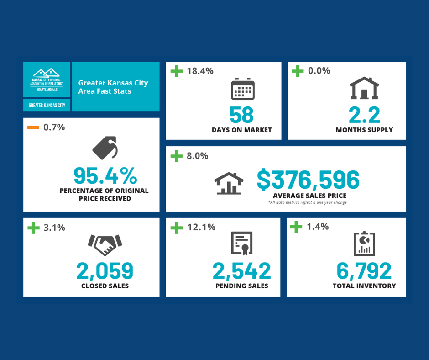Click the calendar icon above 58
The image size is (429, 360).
click(x=242, y=89)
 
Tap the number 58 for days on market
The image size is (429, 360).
click(x=241, y=115)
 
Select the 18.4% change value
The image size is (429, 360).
click(x=200, y=71)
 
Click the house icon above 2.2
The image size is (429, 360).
click(x=364, y=88)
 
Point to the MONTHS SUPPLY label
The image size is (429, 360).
click(x=364, y=130)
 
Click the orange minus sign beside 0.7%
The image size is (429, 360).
click(x=33, y=127)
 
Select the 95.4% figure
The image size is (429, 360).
click(x=105, y=175)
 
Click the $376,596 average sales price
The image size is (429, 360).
click(x=308, y=180)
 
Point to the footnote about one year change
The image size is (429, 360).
click(x=308, y=202)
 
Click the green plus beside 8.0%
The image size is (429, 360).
click(x=176, y=156)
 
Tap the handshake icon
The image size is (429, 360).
click(x=105, y=245)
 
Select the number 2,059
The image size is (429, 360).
click(x=105, y=271)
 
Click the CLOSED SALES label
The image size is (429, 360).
click(x=105, y=286)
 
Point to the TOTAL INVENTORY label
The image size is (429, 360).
click(x=364, y=286)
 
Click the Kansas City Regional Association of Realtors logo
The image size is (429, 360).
click(x=47, y=79)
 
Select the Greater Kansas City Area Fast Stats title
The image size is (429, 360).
click(x=113, y=87)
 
